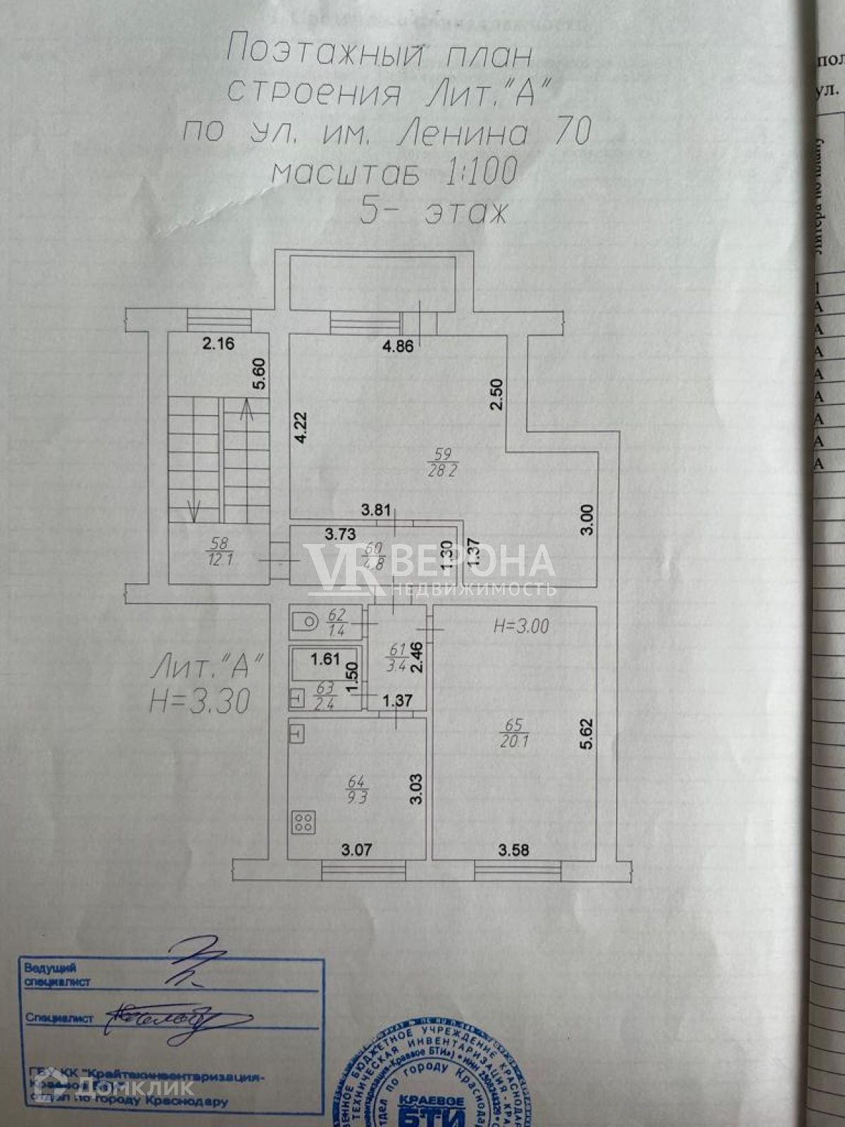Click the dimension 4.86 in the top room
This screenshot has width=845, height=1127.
coord(399,346)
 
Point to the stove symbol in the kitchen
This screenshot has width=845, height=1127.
coord(303,821)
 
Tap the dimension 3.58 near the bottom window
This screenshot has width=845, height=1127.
coord(513,850)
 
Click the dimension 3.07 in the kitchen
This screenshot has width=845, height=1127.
coord(356,850)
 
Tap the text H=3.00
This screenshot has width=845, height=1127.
coord(522,626)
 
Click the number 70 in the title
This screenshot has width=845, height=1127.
coord(572,132)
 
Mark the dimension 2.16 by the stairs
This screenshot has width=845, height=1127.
coord(218,344)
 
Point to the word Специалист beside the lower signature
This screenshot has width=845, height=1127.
coord(59,1018)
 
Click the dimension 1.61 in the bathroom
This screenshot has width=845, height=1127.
coord(325,660)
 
